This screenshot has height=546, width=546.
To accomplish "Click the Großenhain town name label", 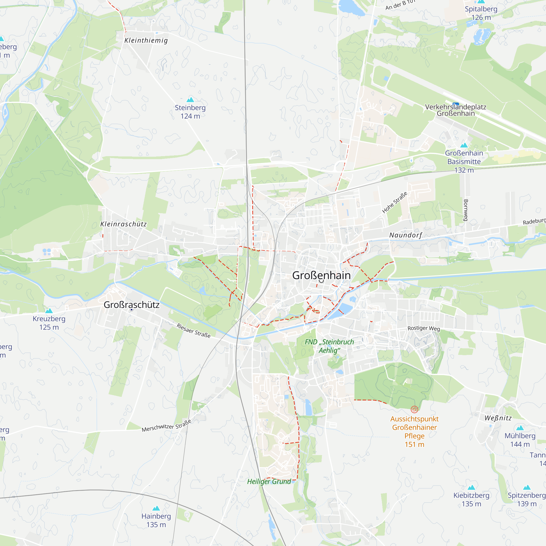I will point(321,275).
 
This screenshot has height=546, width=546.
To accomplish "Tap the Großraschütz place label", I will point(131,305).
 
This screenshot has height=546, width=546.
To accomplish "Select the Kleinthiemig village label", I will point(146,40).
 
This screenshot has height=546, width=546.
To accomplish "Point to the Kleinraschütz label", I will point(123,224).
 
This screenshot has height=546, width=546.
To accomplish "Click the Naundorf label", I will point(406,235).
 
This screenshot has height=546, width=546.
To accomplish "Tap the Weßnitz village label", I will point(498,418).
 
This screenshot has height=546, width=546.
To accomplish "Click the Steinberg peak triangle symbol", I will point(190,100).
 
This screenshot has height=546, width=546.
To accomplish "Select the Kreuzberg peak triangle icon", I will point(49,311).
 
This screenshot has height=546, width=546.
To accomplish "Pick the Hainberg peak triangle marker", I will point(156,508).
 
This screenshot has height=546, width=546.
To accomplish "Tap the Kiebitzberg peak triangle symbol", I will point(471,488).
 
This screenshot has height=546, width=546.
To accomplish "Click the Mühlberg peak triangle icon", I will point(520,428).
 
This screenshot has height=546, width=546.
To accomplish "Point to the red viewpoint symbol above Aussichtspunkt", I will point(414,409).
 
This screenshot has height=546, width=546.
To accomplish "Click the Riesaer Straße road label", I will point(194,331).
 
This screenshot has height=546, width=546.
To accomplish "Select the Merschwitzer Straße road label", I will point(167,426).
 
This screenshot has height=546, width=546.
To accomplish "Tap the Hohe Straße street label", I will point(394,202).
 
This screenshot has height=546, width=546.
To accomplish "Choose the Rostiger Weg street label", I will point(424,328).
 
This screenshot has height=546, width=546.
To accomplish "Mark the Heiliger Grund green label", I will point(269,482).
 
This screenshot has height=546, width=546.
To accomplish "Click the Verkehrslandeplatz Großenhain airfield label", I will point(456,110).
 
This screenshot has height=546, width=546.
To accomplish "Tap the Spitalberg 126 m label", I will point(481,13).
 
